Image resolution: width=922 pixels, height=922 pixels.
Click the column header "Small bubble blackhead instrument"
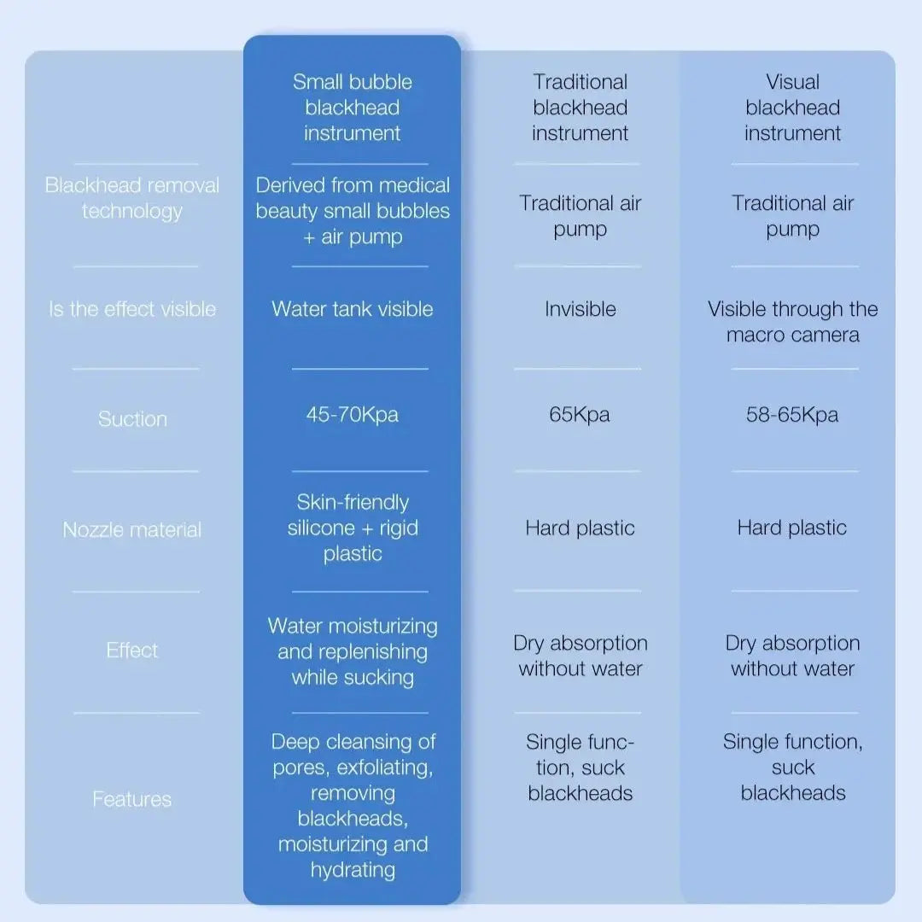click(353, 108)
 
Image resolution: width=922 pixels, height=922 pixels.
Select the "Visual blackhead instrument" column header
click(792, 108)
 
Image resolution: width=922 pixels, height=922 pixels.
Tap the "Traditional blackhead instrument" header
click(581, 108)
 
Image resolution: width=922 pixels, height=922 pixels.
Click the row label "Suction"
click(132, 419)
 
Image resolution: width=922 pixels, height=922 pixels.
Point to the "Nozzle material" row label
click(132, 530)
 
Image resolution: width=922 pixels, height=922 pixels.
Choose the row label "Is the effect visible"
click(132, 309)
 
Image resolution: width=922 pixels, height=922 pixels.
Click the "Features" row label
click(132, 799)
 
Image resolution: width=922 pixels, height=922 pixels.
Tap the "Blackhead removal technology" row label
click(132, 198)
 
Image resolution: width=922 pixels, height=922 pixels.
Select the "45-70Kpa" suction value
click(353, 415)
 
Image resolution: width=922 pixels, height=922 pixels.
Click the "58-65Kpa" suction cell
click(792, 415)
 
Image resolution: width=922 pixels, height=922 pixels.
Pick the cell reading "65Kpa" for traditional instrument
click(580, 415)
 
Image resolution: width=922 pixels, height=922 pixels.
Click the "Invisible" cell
click(581, 309)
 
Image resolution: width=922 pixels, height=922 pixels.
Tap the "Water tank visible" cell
click(353, 309)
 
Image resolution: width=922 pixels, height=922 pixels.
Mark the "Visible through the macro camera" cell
click(792, 322)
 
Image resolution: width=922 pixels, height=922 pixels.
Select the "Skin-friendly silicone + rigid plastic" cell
click(353, 528)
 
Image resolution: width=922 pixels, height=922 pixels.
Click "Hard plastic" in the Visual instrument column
click(792, 528)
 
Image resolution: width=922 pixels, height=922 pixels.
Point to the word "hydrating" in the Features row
click(353, 870)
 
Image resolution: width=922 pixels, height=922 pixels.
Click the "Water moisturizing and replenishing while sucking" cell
click(353, 651)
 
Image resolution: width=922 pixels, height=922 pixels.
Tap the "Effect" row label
click(132, 651)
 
